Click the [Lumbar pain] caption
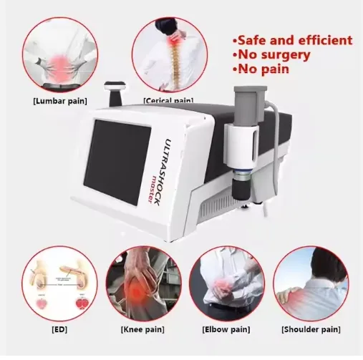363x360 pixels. click(59, 102)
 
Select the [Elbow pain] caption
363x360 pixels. click(223, 329)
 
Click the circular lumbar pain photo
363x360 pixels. click(59, 54)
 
